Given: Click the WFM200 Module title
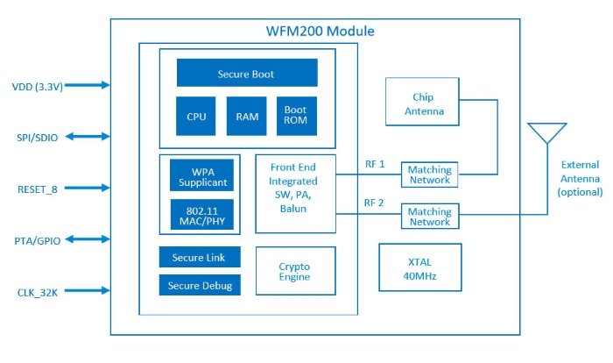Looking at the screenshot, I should (x=320, y=32).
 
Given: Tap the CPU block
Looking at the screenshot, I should (x=195, y=116).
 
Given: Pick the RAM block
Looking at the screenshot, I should (x=245, y=116).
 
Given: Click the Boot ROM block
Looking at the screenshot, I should (x=295, y=116).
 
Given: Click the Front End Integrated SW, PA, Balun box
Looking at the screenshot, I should (x=294, y=194).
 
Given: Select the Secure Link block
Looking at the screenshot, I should (x=200, y=258).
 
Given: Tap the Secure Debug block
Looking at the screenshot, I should (x=200, y=286).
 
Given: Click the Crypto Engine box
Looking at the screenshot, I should (x=294, y=272).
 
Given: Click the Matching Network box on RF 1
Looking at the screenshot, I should (x=429, y=174).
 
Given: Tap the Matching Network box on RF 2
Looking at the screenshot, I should (x=429, y=217).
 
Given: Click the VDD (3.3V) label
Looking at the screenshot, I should (x=36, y=86).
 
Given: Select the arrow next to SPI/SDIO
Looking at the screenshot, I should (x=88, y=137).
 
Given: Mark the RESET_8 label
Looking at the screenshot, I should (x=37, y=189).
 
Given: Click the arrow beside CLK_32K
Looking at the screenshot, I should (x=88, y=291).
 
